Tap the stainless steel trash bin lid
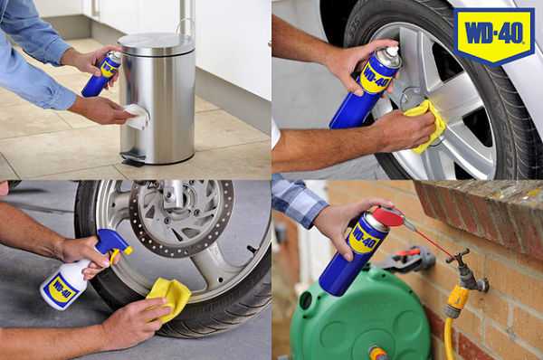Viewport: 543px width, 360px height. [155, 42]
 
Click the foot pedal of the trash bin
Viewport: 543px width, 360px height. [133, 162]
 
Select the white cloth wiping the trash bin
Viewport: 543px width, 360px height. [137, 116]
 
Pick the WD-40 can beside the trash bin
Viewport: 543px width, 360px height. [100, 74]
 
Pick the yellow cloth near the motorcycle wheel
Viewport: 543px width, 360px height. [168, 296]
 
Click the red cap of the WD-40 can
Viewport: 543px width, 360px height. [389, 218]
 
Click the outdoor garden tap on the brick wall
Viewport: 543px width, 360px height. [467, 271]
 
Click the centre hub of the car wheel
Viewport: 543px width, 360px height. [413, 99]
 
